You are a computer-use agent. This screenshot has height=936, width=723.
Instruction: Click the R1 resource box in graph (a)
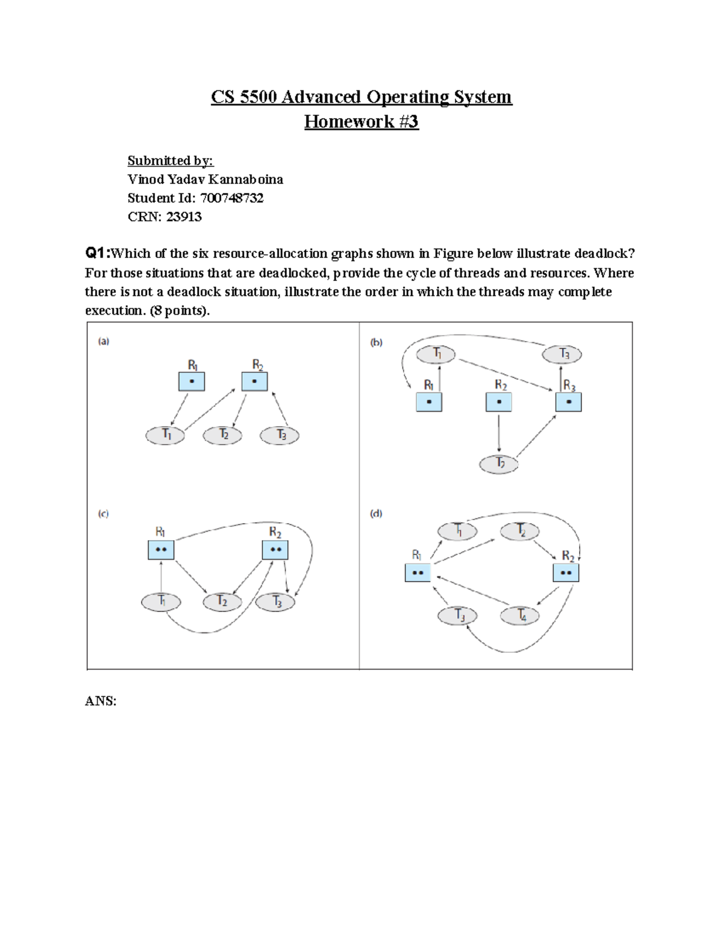coord(192,382)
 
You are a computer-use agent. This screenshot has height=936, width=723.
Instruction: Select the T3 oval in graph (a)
coord(280,435)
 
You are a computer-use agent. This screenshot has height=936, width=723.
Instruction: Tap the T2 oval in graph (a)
coord(222,435)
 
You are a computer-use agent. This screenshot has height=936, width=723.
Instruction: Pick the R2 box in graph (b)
coord(499,402)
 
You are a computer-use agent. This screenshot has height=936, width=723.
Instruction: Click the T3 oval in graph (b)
coord(562,354)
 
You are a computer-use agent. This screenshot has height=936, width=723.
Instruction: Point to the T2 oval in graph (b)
coord(499,464)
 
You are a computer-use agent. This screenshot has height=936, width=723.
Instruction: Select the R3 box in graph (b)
coord(568,402)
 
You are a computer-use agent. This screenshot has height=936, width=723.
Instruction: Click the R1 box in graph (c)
coord(161,550)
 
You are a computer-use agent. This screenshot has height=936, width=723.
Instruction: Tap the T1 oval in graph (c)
coord(161,602)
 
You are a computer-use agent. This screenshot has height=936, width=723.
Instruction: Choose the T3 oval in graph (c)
coord(275,602)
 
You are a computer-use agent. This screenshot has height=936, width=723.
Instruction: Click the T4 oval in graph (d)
coord(519,616)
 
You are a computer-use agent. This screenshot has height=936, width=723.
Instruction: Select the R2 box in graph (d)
coord(566,573)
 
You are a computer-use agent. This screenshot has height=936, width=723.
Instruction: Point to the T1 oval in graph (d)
coord(457,531)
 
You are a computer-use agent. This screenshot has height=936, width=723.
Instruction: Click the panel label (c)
coord(104,514)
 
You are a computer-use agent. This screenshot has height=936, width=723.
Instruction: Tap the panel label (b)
coord(376,342)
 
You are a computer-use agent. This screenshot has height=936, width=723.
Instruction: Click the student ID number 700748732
coord(232,198)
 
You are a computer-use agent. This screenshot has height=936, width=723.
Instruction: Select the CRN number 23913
coord(184,217)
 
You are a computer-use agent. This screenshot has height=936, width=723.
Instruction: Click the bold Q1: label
coord(97,253)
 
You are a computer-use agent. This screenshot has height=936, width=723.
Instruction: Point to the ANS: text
coord(101,701)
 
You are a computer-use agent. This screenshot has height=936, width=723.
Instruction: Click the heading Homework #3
coord(361,122)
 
